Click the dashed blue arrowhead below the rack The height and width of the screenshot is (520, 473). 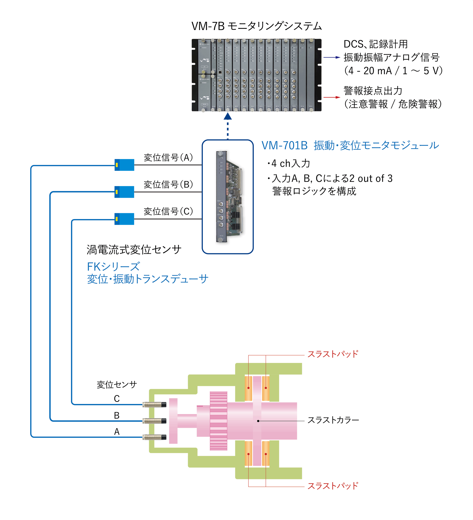[x=228, y=117]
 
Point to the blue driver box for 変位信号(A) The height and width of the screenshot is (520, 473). [x=124, y=165]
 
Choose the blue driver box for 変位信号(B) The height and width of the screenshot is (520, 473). [x=124, y=192]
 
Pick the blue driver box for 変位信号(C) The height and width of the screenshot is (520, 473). [x=124, y=219]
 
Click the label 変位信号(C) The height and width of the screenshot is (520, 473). [x=168, y=211]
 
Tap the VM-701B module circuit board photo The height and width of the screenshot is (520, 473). [x=230, y=197]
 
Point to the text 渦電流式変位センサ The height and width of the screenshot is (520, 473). [x=134, y=250]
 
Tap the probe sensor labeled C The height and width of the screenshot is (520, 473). [x=154, y=405]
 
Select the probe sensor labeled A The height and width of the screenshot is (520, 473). [x=154, y=437]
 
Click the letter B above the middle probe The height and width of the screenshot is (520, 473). [x=117, y=415]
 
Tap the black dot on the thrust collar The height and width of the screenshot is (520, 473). [x=258, y=421]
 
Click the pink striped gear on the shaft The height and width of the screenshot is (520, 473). [x=218, y=421]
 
